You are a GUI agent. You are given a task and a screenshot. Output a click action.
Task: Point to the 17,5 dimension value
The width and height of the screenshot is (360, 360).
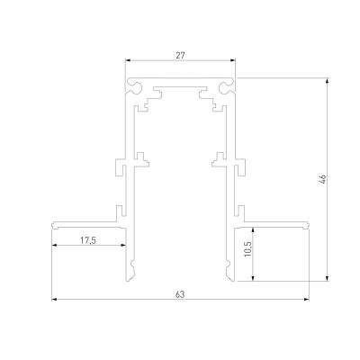click(87, 239)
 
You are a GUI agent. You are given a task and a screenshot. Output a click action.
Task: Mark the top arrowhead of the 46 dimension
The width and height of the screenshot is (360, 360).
click(328, 80)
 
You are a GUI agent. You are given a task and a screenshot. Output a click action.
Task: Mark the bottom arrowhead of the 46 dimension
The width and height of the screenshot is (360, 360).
click(328, 279)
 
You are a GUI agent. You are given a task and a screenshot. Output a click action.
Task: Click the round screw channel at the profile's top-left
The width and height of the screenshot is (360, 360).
click(135, 87)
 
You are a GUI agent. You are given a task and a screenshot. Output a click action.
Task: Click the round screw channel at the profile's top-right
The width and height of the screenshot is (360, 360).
click(225, 87)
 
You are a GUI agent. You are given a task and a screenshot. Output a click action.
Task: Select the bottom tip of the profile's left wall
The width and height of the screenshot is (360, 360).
click(132, 279)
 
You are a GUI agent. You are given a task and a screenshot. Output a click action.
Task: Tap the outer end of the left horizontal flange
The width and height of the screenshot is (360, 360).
click(53, 223)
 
